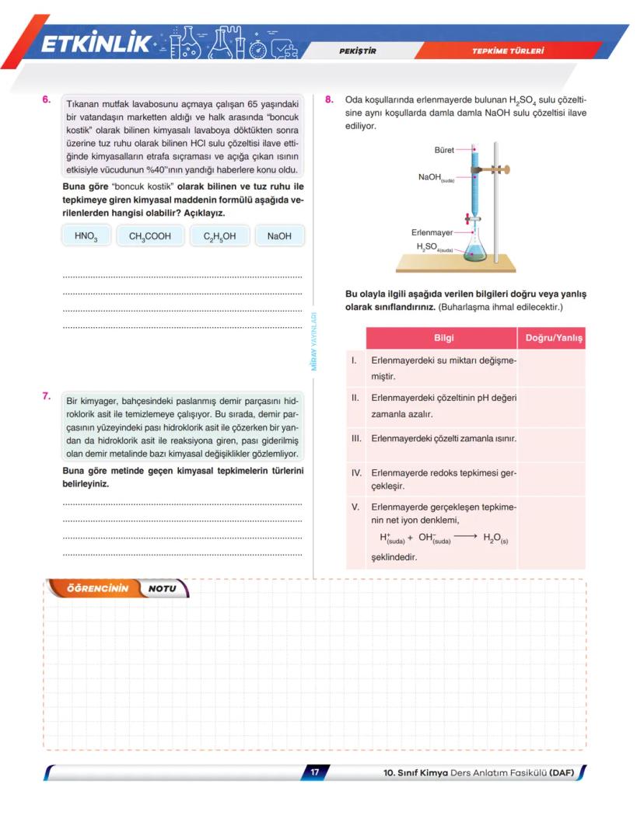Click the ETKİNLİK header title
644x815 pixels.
coord(96,45)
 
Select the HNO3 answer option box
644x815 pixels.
coord(86,236)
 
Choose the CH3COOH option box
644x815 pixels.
coord(150,236)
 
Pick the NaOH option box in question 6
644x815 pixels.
coord(279,236)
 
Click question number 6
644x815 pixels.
coord(47,99)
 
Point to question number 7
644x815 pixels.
coord(47,396)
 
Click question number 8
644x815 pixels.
coord(330,99)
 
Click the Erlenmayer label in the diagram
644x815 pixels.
coord(432,232)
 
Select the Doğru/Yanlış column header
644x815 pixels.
coord(554,338)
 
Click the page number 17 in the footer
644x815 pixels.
coord(315,772)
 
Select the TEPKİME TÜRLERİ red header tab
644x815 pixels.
coord(507,51)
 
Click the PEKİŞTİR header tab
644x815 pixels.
coord(359,51)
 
